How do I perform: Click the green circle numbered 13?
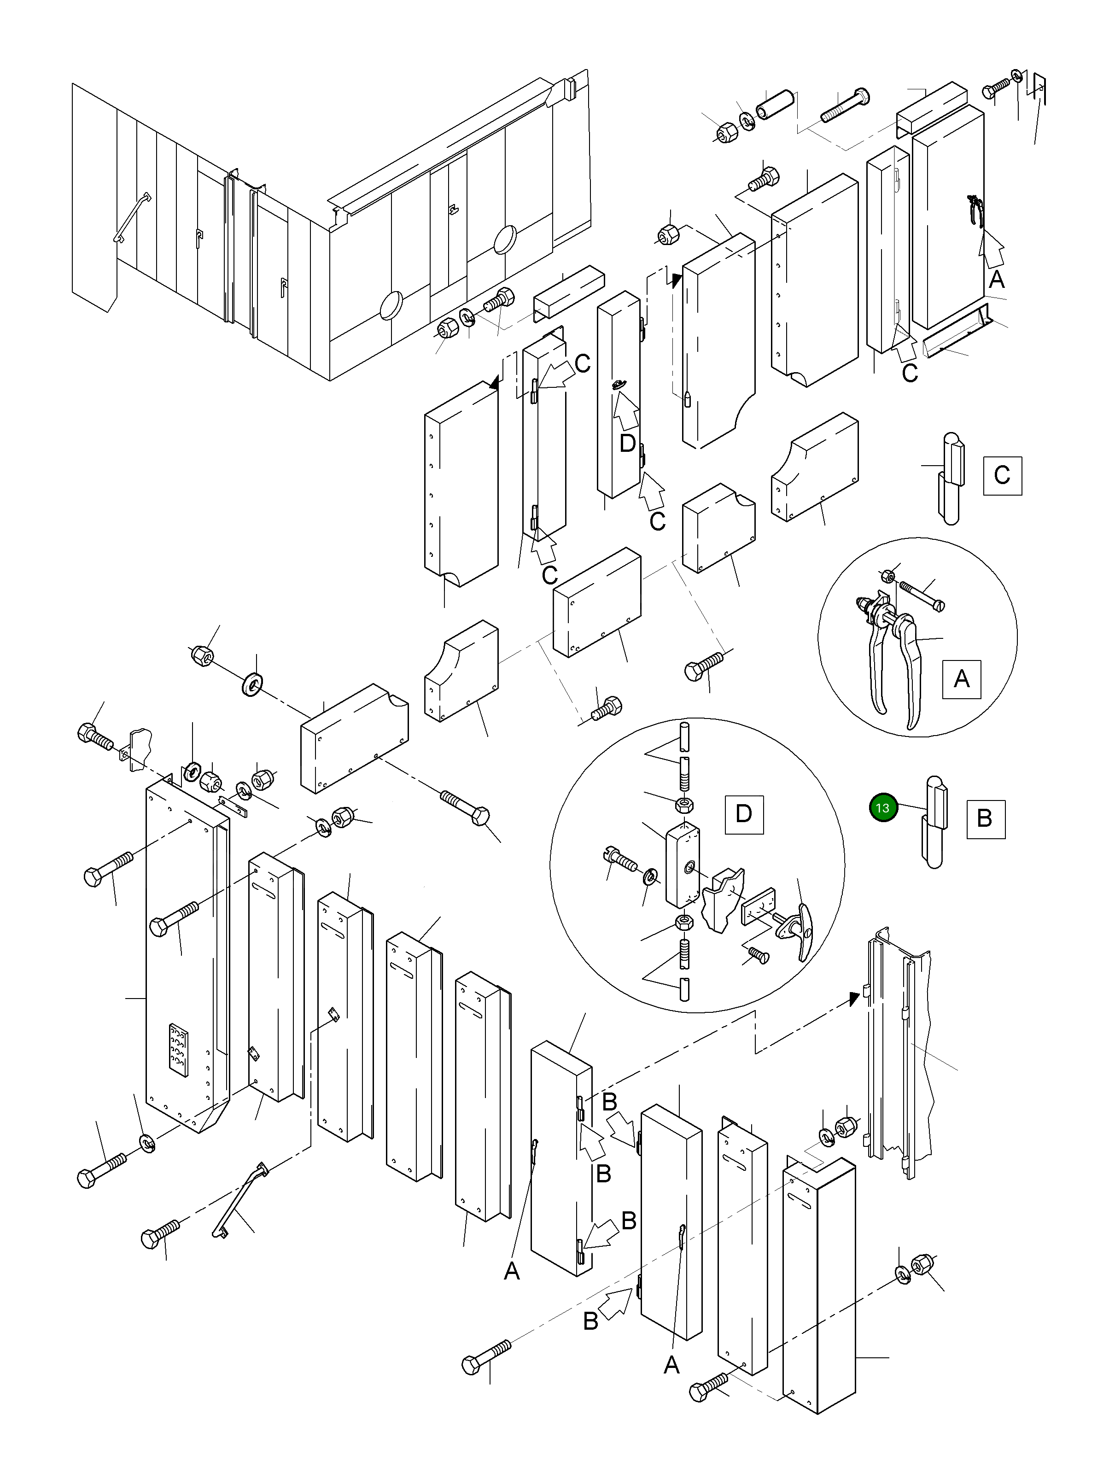point(883,808)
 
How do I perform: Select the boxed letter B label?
point(985,818)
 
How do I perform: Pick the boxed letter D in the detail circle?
point(744,814)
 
